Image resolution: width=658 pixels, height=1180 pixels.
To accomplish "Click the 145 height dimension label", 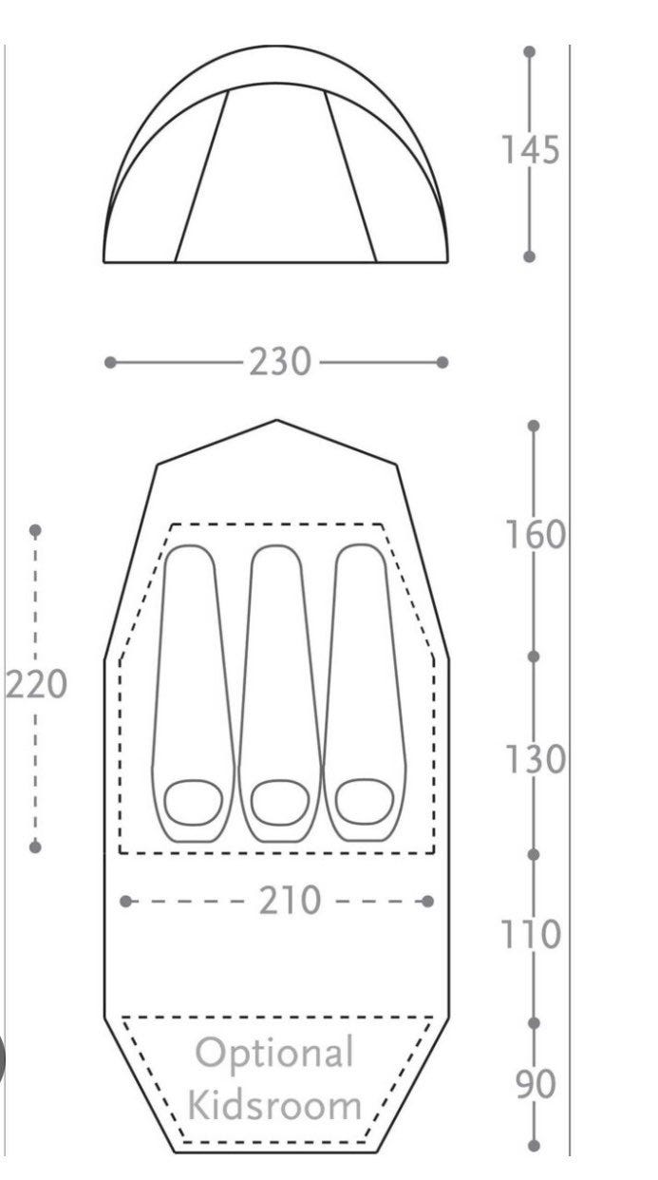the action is click(531, 150).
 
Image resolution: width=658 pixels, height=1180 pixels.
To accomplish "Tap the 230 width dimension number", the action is click(280, 362).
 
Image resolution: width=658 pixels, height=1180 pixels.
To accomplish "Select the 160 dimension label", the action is click(536, 534).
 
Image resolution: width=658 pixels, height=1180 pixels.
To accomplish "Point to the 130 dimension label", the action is click(536, 759).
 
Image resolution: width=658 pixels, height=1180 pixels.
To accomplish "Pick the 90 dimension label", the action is click(536, 1084).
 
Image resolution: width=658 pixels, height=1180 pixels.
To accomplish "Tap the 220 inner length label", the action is click(37, 684).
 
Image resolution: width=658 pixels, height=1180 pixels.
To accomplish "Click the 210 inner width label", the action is click(290, 901).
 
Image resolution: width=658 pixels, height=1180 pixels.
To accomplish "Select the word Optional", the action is click(274, 1054).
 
